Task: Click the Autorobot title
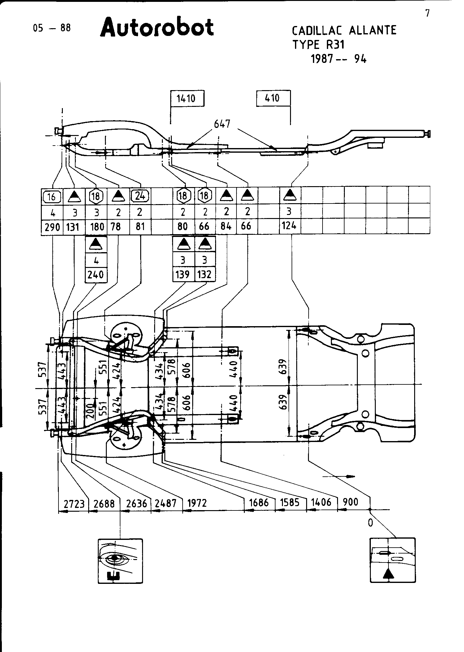point(157,27)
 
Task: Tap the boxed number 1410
point(186,98)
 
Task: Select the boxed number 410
point(272,98)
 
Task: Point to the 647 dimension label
point(222,124)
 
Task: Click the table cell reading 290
point(52,227)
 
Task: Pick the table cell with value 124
point(289,226)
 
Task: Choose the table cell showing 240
point(96,274)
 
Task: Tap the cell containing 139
point(183,274)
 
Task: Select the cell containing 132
point(205,274)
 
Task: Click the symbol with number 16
point(52,196)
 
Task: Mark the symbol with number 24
point(141,195)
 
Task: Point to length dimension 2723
point(74,504)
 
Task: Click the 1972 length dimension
point(197,503)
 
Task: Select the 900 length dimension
point(350,502)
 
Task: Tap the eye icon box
point(120,561)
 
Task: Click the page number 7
point(427,14)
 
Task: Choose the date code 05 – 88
point(52,28)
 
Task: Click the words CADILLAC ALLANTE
point(344,30)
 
